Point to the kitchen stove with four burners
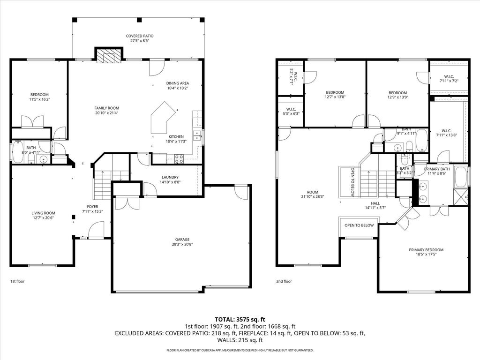[x=179, y=158]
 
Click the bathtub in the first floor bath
[x=18, y=152]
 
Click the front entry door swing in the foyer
[x=96, y=229]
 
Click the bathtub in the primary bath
[x=460, y=177]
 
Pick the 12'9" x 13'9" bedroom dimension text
[x=398, y=97]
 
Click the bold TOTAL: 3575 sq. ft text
[x=240, y=320]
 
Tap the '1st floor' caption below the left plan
[x=17, y=281]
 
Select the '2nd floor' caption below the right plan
[x=284, y=281]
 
